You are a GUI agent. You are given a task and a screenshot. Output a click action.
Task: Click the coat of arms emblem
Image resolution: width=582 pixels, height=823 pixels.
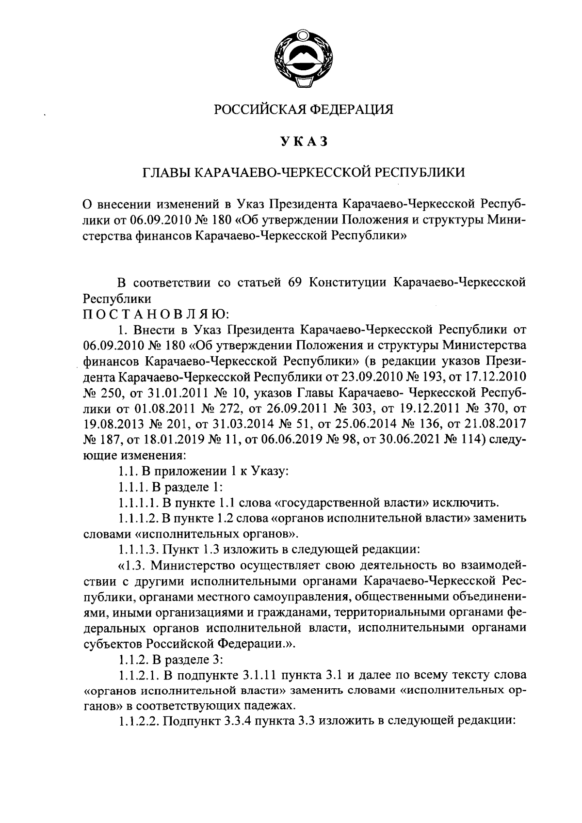tap(304, 60)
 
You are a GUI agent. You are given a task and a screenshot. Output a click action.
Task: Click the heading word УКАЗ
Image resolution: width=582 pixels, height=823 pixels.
tap(304, 141)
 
